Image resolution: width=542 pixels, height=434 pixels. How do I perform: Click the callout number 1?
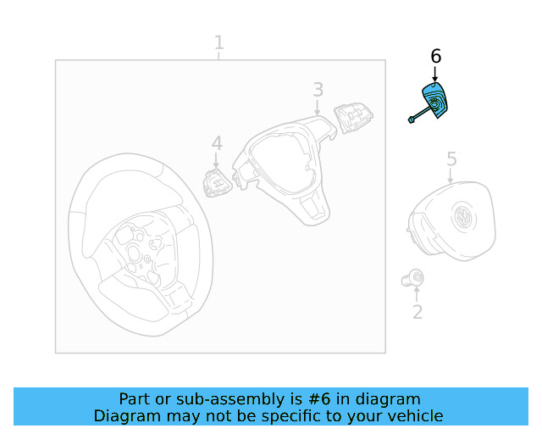[x=219, y=42]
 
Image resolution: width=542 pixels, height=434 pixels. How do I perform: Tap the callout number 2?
[x=418, y=312]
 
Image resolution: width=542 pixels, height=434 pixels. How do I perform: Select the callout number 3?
[x=318, y=90]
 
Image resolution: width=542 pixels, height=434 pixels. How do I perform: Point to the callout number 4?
[x=217, y=143]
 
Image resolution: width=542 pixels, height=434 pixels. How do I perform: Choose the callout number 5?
[x=451, y=159]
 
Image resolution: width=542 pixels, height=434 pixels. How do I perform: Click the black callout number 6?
[x=436, y=57]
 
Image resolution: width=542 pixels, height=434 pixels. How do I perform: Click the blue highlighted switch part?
[x=434, y=101]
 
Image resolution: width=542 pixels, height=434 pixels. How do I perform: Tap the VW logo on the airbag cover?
[x=464, y=218]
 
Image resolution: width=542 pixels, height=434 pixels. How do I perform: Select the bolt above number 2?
[x=412, y=278]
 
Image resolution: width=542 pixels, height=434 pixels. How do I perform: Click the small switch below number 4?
[x=217, y=183]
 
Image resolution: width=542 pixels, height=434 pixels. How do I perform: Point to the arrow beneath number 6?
[x=435, y=74]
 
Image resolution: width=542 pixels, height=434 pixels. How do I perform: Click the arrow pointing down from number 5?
[x=450, y=175]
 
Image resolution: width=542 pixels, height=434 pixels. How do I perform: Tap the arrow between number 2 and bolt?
[x=417, y=294]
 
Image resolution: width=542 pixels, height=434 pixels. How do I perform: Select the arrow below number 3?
[x=318, y=108]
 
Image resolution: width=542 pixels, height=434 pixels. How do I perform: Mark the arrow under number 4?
[x=216, y=161]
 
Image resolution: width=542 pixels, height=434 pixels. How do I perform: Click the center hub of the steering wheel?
[x=134, y=253]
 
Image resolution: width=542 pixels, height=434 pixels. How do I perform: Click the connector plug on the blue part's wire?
[x=411, y=120]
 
